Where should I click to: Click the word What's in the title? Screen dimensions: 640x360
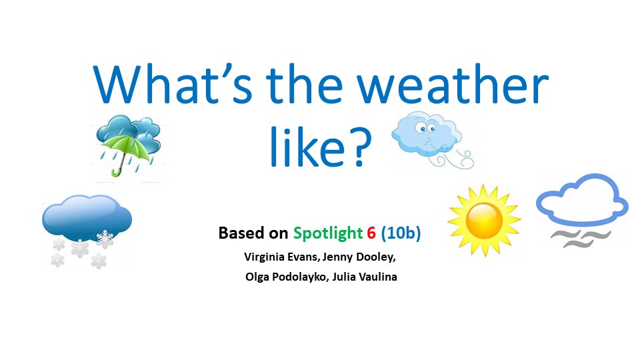(173, 85)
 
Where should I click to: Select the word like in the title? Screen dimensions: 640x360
(307, 146)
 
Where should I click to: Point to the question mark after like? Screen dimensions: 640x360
(359, 147)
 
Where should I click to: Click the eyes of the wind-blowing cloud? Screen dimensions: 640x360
(425, 129)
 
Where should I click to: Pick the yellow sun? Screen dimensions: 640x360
(484, 221)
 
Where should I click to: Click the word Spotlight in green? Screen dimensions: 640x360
(328, 233)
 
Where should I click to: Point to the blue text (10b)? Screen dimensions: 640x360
(401, 233)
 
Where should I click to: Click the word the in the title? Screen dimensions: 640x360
(305, 85)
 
